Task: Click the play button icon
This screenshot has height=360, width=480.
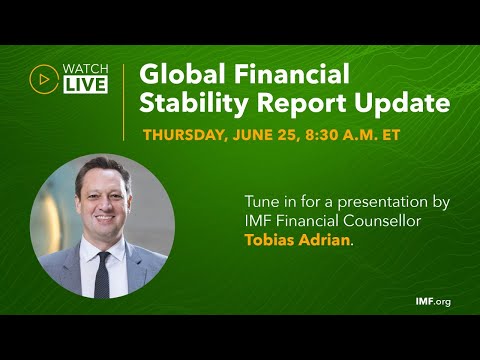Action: point(43,77)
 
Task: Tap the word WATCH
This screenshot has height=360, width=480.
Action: point(85,68)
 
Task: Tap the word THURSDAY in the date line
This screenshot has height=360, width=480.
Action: point(189,134)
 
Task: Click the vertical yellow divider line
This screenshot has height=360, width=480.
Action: point(124,100)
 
